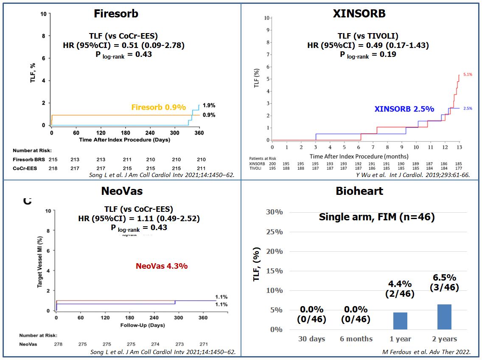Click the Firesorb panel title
(x=116, y=13)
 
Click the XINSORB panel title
(x=359, y=13)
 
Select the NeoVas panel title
(x=122, y=191)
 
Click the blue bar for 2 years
(x=444, y=317)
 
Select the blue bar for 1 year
(x=400, y=321)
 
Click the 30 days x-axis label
(x=312, y=339)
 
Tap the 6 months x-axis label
(x=356, y=339)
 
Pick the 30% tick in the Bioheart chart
(x=274, y=212)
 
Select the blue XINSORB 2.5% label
(x=404, y=109)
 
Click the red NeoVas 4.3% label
(x=162, y=266)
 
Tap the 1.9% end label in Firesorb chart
(x=209, y=106)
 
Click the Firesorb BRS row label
(x=25, y=160)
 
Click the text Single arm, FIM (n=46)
(x=376, y=217)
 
